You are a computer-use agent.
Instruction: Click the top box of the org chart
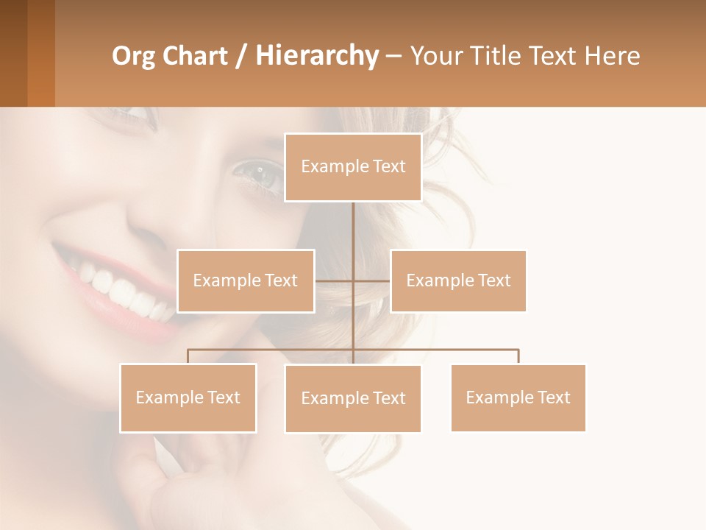click(353, 167)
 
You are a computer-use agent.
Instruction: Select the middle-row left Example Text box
click(246, 280)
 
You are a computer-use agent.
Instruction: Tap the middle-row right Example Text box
click(458, 280)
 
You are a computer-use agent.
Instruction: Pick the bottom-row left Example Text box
click(188, 397)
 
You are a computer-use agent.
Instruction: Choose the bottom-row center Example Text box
click(353, 398)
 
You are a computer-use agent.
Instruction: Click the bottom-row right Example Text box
click(518, 397)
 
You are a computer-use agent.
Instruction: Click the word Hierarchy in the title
click(317, 55)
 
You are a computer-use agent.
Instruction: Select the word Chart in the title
click(194, 56)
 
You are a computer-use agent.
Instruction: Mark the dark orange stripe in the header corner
click(41, 53)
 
